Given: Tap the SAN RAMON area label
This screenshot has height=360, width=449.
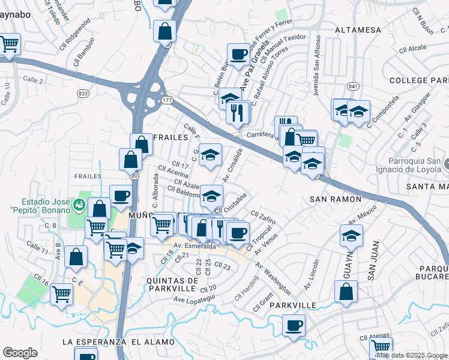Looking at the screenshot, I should (336, 199).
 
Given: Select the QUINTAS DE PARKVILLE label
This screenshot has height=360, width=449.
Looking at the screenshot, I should (171, 284).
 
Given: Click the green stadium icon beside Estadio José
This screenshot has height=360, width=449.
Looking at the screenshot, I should (77, 206).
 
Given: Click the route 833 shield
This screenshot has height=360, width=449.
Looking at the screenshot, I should (83, 94).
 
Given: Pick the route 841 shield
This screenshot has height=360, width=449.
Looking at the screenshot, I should (352, 86).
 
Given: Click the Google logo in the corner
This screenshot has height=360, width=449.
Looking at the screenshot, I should (20, 352).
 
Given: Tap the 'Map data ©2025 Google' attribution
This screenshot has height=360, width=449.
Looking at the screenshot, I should (412, 355).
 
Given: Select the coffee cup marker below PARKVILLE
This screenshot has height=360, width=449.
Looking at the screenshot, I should (293, 326).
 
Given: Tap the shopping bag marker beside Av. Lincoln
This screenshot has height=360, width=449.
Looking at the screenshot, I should (347, 292).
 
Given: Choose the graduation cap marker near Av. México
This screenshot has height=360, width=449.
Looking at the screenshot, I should (351, 236).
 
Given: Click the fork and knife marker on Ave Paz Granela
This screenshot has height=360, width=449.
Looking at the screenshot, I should (238, 112).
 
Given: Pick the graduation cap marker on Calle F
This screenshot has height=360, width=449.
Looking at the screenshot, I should (210, 155).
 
